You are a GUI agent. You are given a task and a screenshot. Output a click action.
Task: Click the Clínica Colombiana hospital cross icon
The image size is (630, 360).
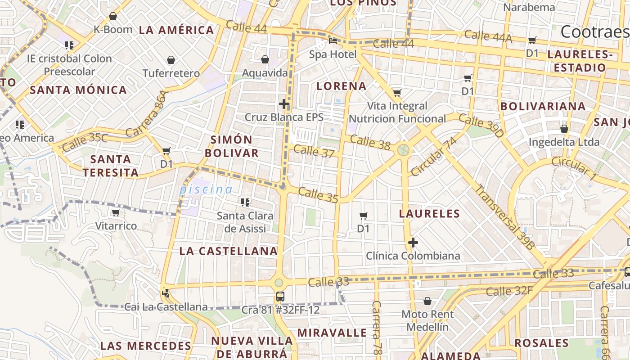point(413,243)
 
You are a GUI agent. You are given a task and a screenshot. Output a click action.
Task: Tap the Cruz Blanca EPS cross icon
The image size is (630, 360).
point(283,104)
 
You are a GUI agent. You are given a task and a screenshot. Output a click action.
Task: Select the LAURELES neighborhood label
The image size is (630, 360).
point(429,214)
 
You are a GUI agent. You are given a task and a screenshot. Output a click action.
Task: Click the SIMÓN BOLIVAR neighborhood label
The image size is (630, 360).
point(232,146)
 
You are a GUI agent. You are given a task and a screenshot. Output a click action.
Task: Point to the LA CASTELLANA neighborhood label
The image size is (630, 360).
point(229,251)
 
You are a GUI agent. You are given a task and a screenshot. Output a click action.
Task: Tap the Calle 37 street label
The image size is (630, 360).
point(314,151)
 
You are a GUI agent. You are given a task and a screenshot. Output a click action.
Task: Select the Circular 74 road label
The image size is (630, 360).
point(434,157)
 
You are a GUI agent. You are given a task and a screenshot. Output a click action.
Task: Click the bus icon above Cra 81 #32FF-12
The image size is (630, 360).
point(280,296)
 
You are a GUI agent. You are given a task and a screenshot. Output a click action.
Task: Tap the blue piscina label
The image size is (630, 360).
point(206,189)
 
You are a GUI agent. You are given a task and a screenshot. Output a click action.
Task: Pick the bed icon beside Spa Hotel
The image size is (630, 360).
point(333,41)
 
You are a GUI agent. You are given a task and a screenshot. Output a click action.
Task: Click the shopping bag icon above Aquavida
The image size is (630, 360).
point(265,59)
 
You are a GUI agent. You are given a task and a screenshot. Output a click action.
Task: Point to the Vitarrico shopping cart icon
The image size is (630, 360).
point(116,212)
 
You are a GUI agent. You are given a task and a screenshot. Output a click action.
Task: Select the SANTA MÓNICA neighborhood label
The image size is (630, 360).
point(78,90)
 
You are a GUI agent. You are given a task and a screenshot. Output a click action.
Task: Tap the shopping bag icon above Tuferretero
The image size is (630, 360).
point(171,60)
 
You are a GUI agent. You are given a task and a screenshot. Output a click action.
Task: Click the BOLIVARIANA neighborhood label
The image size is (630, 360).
point(543,107)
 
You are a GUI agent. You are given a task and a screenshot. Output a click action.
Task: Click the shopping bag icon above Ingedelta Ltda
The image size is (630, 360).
point(564,129)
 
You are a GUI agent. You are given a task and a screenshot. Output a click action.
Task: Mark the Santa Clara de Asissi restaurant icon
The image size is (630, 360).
point(245,202)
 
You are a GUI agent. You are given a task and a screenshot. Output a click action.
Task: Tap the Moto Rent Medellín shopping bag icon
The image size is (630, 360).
point(427,301)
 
